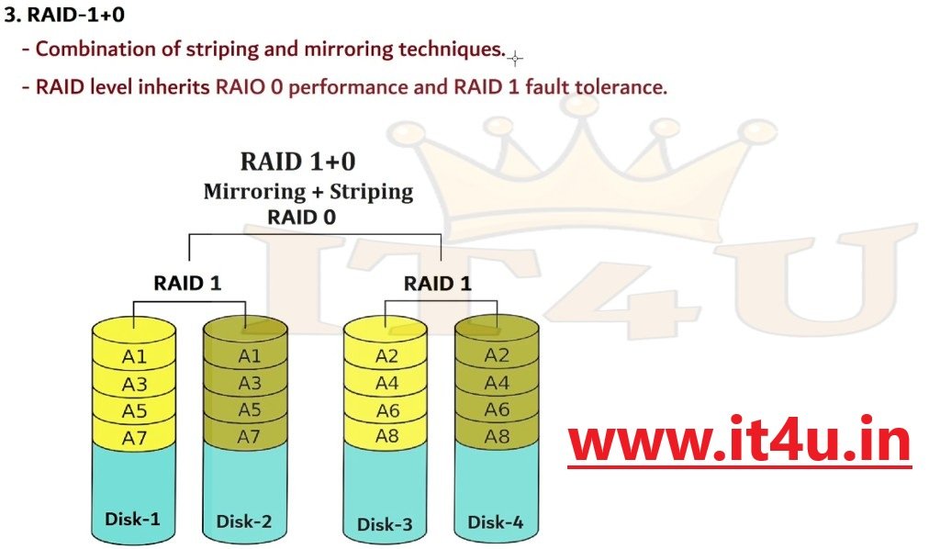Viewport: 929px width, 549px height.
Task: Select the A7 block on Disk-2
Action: click(x=249, y=436)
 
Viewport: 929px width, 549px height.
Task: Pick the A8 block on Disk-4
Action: click(x=497, y=436)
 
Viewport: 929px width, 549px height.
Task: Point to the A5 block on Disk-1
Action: click(x=134, y=410)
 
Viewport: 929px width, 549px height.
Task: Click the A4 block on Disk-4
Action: click(x=497, y=383)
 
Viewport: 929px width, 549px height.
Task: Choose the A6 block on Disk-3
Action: click(x=387, y=410)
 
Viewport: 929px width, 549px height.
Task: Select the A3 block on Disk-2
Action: click(x=249, y=383)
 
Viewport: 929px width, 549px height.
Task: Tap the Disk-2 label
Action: click(x=243, y=521)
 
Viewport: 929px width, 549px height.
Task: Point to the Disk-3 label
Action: click(x=385, y=524)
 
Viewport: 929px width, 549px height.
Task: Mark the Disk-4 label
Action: click(x=496, y=521)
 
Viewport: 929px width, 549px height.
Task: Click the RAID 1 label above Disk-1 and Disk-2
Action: click(x=187, y=283)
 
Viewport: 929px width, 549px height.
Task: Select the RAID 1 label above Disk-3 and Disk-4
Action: click(x=437, y=283)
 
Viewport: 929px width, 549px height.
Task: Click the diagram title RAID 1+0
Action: click(x=297, y=162)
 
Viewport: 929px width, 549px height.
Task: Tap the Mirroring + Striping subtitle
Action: click(x=308, y=192)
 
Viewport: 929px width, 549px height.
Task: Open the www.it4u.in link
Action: click(x=739, y=443)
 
